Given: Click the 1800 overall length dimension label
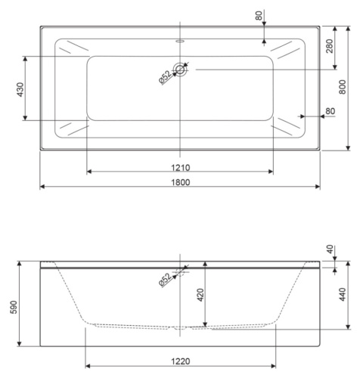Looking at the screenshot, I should pos(180,181).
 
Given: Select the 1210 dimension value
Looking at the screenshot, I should pos(180,167).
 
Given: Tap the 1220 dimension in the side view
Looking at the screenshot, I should pos(180,361).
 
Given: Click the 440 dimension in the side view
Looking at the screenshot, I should pos(342,295).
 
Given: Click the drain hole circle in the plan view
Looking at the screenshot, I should pos(180,70).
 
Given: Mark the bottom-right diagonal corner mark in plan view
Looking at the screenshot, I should pos(288,129).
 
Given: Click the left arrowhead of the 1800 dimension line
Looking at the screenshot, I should pos(42,186).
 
